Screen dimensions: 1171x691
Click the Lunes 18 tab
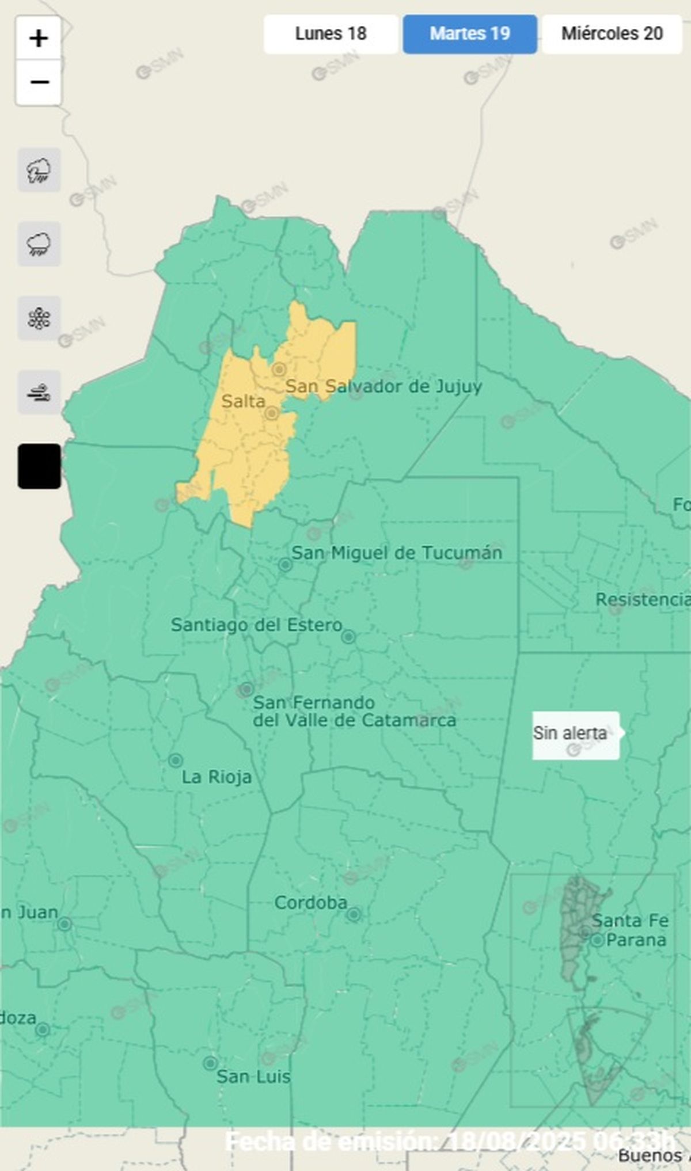tap(331, 34)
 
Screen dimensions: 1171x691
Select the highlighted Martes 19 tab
tap(470, 34)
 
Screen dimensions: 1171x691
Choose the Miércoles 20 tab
tap(612, 34)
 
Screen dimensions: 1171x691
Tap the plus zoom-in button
tap(39, 39)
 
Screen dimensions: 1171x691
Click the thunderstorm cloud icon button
tap(39, 170)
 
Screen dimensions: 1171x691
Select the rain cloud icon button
tap(39, 244)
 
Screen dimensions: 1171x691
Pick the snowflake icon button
tap(39, 318)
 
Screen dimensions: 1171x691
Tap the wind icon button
tap(39, 393)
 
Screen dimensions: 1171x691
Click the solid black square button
tap(39, 466)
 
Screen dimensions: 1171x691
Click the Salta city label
tap(243, 401)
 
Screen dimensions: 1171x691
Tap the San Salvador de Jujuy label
tap(384, 386)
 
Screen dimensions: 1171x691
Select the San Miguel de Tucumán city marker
tap(285, 565)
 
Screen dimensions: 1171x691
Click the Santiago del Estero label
tap(256, 625)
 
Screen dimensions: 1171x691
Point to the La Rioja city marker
tap(176, 761)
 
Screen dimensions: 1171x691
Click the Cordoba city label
tap(310, 903)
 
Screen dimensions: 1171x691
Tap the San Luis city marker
tap(211, 1063)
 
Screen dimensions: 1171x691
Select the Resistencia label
tap(642, 599)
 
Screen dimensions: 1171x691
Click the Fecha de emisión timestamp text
tap(449, 1140)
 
